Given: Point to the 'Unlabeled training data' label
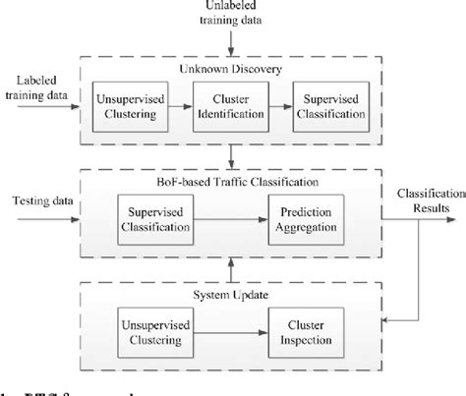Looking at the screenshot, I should (230, 13).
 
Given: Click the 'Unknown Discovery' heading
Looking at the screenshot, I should (230, 69).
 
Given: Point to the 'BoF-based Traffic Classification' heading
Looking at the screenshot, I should (230, 183).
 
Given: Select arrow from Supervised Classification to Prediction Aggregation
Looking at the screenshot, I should (232, 221).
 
